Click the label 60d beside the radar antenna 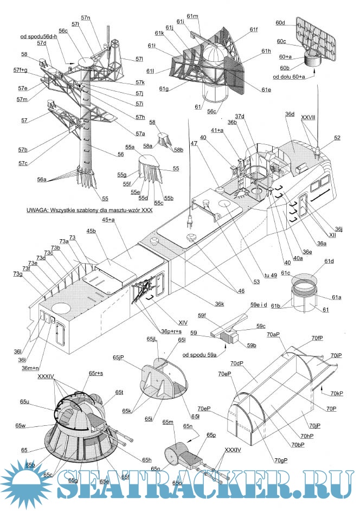pos(280,23)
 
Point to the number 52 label pos(337,138)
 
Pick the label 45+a pos(108,220)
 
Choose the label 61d pos(329,261)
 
